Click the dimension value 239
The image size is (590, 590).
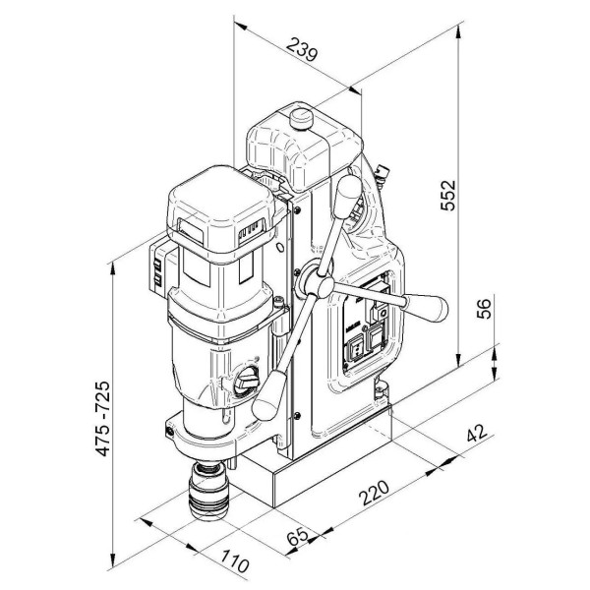302,49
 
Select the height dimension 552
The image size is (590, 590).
447,196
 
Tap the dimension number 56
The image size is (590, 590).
484,309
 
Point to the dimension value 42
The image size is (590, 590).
477,433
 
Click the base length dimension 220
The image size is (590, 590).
374,493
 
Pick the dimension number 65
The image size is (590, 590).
298,536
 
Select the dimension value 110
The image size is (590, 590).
234,560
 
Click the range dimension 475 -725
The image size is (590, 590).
102,419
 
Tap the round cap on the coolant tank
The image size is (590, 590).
302,118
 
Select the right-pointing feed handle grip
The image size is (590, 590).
426,308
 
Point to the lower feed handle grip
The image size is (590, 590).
269,395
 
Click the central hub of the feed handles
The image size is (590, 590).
320,285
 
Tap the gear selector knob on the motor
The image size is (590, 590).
247,382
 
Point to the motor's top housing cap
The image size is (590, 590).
222,213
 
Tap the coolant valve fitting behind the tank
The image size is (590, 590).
382,173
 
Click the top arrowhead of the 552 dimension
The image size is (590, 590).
458,31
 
